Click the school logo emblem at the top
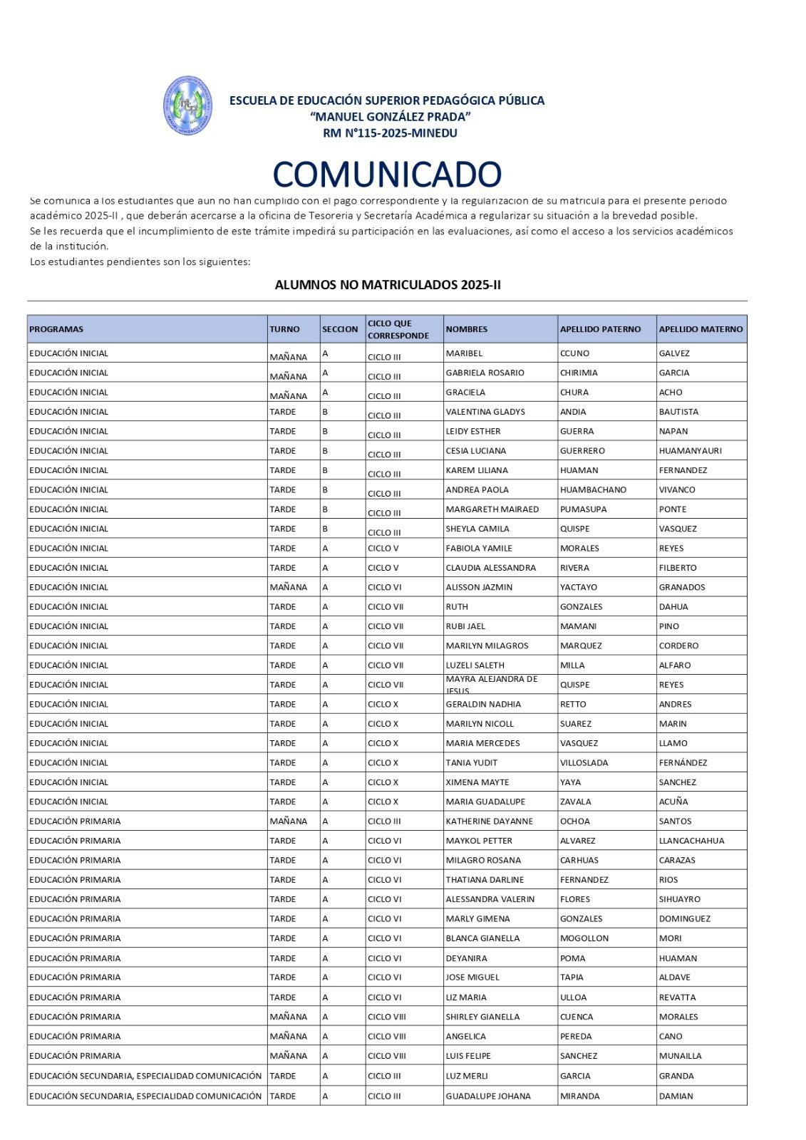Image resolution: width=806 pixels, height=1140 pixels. tap(187, 105)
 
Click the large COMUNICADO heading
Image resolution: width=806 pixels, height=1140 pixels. tap(387, 175)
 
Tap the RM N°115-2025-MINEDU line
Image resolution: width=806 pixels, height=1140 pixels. tap(390, 133)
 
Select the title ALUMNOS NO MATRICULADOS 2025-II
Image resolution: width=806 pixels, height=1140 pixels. tap(388, 285)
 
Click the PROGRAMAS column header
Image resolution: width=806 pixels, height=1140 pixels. tap(56, 329)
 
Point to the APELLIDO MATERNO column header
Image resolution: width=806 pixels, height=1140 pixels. tap(701, 329)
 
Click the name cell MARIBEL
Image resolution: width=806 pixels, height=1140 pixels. tap(464, 353)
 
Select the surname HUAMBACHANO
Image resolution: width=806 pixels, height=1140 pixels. tap(593, 490)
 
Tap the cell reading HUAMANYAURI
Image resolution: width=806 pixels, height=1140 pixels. tap(690, 451)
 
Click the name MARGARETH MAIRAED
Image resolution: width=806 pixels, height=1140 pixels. tap(492, 509)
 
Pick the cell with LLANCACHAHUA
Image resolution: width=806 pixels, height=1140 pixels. tap(691, 841)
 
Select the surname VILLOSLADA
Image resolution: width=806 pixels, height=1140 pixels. tap(584, 762)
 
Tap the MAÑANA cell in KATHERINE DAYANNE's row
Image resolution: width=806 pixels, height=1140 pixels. tap(289, 822)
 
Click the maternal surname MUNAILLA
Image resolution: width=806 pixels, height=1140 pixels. tap(680, 1056)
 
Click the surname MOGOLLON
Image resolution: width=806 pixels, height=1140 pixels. tap(584, 938)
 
